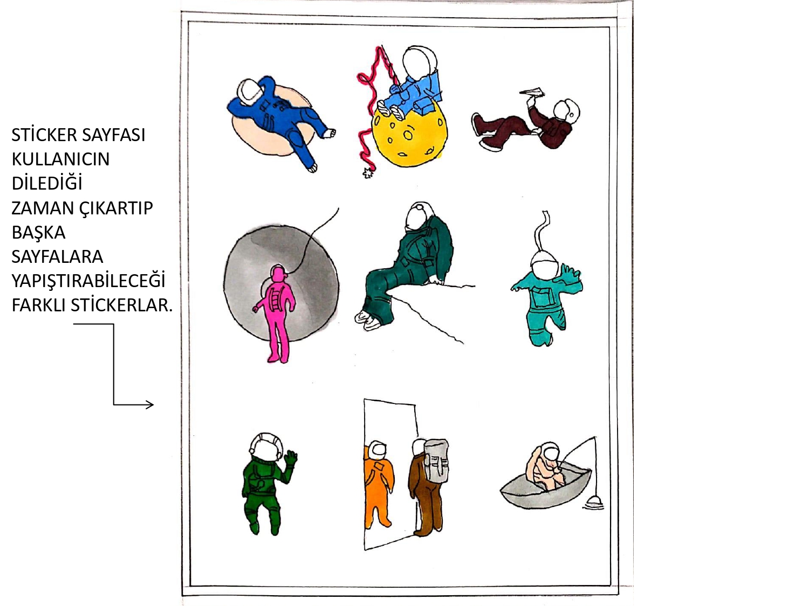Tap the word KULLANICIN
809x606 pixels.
[x=60, y=159]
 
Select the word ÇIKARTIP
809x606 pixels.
[x=116, y=208]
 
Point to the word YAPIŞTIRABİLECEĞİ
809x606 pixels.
[x=88, y=281]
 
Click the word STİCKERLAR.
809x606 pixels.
[x=122, y=305]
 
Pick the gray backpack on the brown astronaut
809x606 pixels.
[x=436, y=461]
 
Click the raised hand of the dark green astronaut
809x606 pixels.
[x=291, y=458]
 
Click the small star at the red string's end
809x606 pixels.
[x=368, y=172]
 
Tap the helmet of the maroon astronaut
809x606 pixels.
[x=566, y=111]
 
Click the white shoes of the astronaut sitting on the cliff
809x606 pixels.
[x=366, y=319]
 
